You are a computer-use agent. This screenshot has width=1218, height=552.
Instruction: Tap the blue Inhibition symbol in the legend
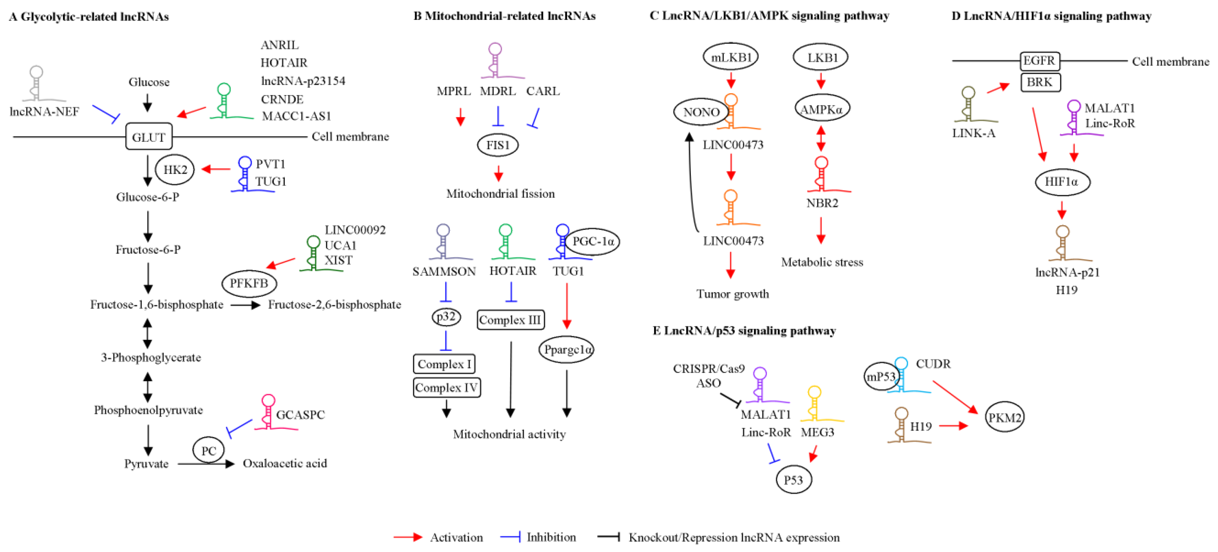pos(511,537)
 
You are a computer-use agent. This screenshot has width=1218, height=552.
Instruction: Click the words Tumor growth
pos(733,294)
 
